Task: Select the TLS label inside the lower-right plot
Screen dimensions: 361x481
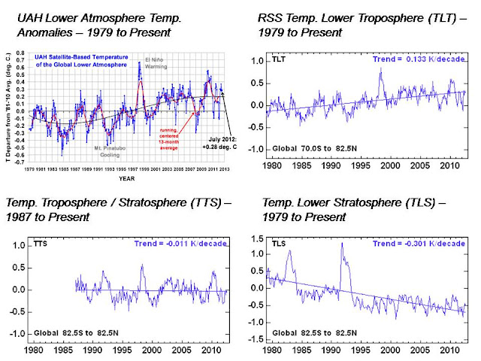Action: point(280,244)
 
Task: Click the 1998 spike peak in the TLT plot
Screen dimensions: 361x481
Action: point(381,69)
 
